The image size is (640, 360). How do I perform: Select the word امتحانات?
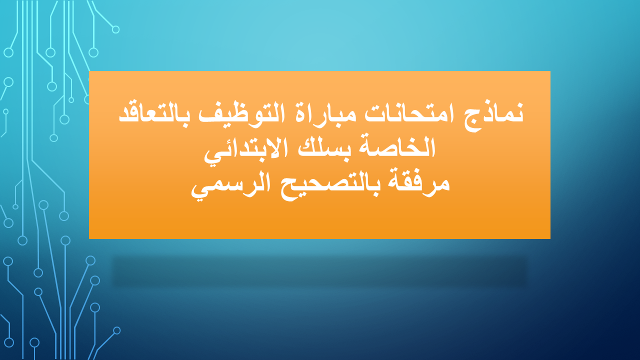point(409,113)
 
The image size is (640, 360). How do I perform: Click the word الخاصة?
point(397,147)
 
